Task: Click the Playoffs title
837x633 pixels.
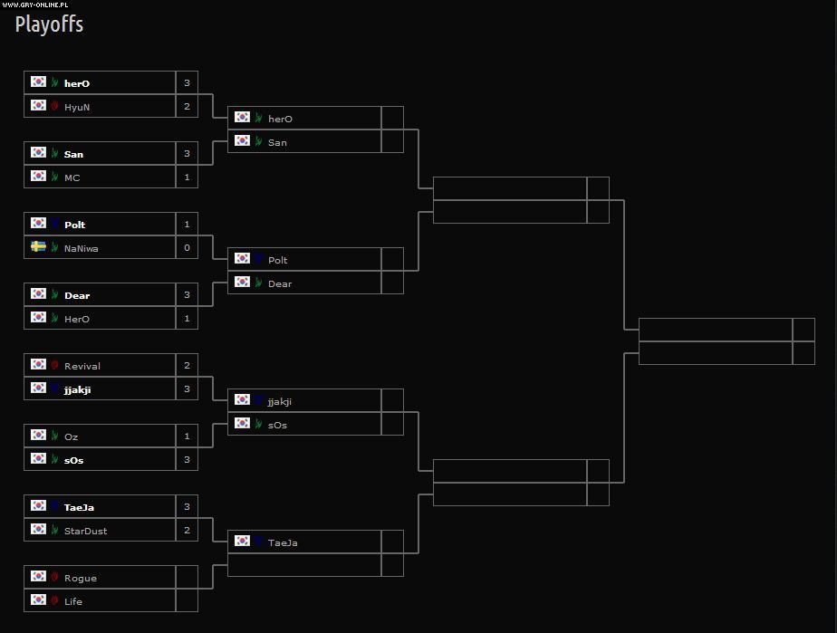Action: [x=49, y=24]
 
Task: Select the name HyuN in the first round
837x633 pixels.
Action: [x=77, y=107]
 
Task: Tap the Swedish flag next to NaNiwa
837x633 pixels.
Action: [x=38, y=246]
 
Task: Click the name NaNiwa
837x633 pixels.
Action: [x=81, y=248]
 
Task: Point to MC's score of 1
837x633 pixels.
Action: [x=187, y=177]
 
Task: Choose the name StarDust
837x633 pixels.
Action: [x=85, y=531]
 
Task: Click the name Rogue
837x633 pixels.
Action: [x=80, y=578]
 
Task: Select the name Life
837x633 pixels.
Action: [x=73, y=601]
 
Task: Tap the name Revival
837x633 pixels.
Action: [x=82, y=366]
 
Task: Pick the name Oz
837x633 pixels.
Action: [x=71, y=436]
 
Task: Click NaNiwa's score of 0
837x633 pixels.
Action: [x=187, y=248]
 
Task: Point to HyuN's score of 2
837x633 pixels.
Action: [x=187, y=107]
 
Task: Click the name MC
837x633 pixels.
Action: [x=72, y=177]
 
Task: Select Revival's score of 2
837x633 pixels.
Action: [x=187, y=366]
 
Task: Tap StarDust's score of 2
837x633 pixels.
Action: [x=187, y=531]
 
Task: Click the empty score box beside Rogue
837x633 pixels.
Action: [x=187, y=578]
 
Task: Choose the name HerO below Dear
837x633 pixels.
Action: [x=77, y=319]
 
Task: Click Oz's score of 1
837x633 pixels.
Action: [x=187, y=436]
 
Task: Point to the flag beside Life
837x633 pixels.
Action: [x=38, y=599]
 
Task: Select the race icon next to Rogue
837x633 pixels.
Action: [x=54, y=577]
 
